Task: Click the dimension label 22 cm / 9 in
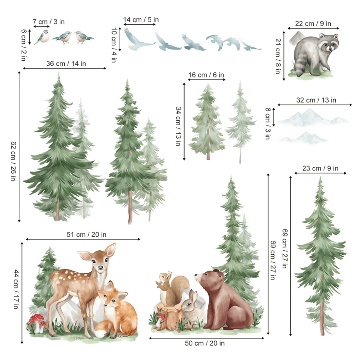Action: [x=313, y=23]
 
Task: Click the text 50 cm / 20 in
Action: [x=205, y=343]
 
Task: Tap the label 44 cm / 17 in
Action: [x=15, y=289]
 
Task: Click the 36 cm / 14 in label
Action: [x=66, y=63]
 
